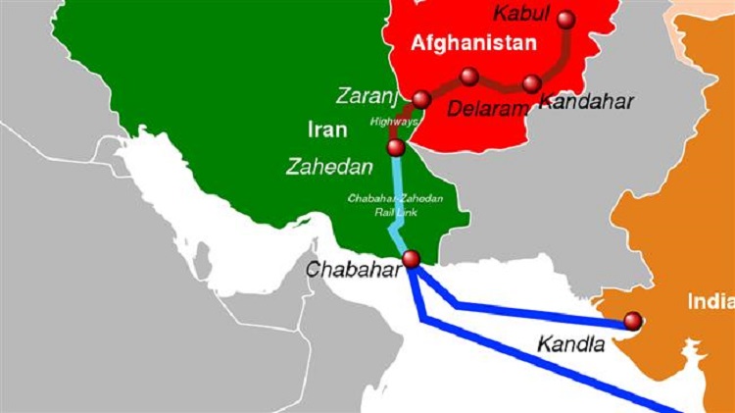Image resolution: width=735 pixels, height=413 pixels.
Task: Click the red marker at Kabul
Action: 567,18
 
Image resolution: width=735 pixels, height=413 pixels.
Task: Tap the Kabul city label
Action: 518,12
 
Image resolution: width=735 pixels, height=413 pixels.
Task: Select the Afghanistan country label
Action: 474,43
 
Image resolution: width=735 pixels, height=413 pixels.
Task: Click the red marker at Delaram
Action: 469,76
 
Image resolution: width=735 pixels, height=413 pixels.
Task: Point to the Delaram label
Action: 487,109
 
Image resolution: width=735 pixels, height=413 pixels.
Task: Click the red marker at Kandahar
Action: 532,83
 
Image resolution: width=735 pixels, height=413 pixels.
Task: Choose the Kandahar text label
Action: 587,100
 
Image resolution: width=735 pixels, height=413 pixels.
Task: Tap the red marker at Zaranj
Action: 421,99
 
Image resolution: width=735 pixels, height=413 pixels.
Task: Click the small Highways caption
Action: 393,122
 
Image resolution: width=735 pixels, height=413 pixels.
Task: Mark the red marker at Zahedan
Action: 396,148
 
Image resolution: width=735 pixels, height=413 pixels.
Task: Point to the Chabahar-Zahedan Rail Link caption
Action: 396,207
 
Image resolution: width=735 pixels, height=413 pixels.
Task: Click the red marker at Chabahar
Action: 411,259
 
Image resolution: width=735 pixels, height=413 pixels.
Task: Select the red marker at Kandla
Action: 632,320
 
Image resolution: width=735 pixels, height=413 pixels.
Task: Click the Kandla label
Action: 565,344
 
